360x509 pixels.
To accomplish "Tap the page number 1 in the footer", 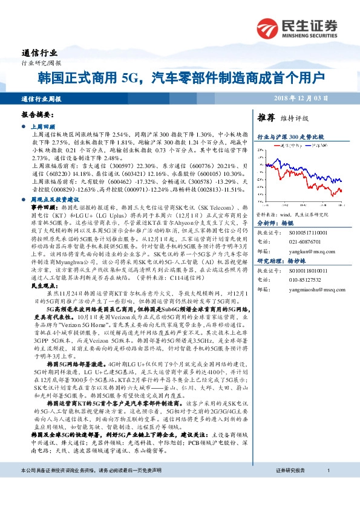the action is click(327, 488).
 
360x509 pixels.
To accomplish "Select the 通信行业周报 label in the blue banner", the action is click(41, 97).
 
